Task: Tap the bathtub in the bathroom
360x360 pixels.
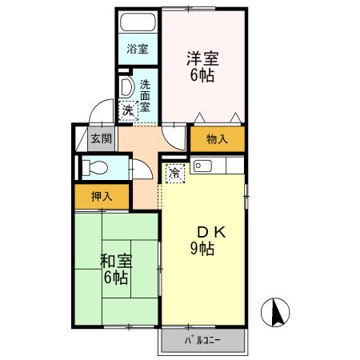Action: (x=138, y=22)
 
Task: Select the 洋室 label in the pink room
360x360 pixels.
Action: (x=203, y=59)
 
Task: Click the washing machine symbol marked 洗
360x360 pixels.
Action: (x=129, y=110)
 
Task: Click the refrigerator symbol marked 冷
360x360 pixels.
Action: (x=174, y=171)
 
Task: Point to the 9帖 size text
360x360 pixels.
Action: (x=202, y=249)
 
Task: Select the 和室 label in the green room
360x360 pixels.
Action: (x=116, y=261)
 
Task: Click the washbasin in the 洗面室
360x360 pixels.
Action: (x=126, y=86)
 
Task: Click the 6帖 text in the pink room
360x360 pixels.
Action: (x=203, y=76)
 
